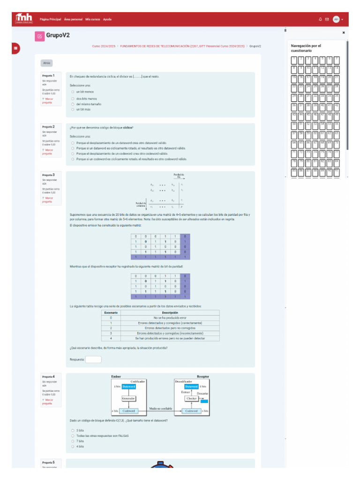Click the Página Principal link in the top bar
coord(50,19)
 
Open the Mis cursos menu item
coord(92,19)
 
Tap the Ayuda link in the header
coord(107,19)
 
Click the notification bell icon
coord(320,19)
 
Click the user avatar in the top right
coord(336,19)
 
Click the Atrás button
coord(47,63)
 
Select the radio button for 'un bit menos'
coord(73,92)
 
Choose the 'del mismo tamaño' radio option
coord(73,104)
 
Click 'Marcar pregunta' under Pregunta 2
coord(47,151)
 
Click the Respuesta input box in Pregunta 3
coord(93,360)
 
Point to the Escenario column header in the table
coord(111,313)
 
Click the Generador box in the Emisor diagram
coord(128,398)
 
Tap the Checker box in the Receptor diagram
coord(191,398)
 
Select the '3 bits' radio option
coord(73,430)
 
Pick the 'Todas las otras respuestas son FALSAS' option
coord(73,435)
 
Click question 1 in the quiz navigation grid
coord(294,60)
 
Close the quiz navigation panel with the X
coord(344,33)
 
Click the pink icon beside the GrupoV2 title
coord(39,36)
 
